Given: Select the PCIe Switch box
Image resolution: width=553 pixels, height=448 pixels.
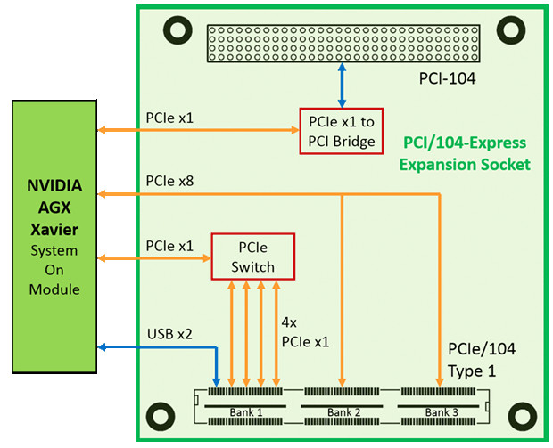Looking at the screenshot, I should (x=252, y=256).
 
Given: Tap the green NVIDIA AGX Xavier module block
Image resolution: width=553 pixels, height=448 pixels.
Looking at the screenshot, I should (x=54, y=237).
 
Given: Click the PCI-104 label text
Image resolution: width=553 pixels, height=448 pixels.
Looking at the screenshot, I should (x=447, y=78).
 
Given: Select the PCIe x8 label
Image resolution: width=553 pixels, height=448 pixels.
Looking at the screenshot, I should (x=169, y=182).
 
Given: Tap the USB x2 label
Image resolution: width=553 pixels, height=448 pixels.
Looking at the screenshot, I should (x=169, y=335).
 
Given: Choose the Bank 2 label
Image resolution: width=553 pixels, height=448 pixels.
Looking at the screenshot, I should (x=343, y=412).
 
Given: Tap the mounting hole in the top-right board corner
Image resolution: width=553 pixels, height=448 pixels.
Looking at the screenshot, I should (x=509, y=31).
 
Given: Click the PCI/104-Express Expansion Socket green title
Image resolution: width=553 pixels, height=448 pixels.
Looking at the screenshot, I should (x=464, y=153).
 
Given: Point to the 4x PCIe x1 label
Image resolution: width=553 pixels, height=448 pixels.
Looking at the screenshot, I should (x=306, y=331).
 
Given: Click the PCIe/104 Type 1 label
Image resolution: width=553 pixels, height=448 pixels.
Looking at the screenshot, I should (x=482, y=358).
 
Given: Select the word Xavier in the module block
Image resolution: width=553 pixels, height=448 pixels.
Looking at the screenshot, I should (x=54, y=230).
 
